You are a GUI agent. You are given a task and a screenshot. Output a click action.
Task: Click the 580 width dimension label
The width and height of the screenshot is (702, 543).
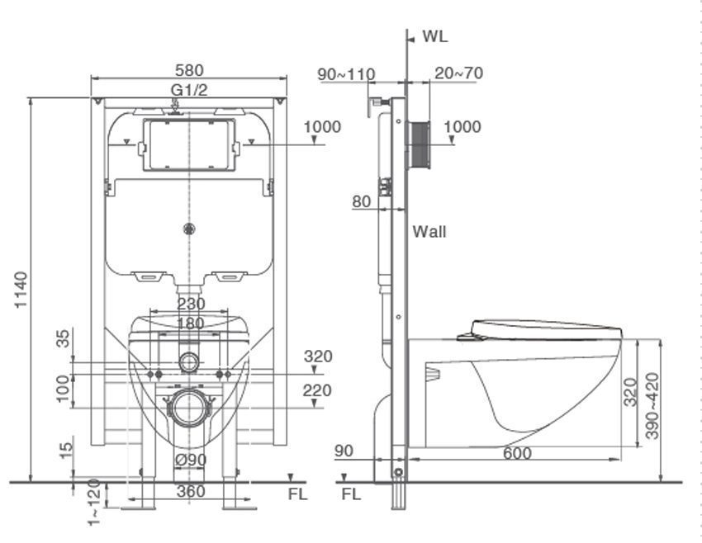point(189,70)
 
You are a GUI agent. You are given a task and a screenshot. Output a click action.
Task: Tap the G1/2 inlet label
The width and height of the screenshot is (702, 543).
point(189,90)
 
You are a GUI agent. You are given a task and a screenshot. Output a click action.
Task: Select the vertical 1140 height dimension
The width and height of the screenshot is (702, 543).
point(21,290)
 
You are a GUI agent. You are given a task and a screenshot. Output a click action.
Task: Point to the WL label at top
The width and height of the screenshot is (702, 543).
point(435,36)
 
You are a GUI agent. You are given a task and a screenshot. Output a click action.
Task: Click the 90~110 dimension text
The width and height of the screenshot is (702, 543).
point(346,74)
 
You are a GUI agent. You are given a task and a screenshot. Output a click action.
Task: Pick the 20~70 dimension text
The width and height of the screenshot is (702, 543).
point(458,73)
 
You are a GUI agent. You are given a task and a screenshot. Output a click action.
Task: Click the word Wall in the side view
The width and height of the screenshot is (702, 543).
point(429,232)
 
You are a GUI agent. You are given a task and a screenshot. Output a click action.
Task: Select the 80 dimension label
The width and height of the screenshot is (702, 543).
point(361,201)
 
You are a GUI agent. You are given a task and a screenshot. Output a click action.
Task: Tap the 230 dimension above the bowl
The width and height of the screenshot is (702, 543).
point(191,305)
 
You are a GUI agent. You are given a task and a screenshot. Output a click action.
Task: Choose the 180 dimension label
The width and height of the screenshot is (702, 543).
point(191,323)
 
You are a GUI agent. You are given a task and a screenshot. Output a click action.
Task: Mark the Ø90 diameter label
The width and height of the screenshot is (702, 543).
point(191,460)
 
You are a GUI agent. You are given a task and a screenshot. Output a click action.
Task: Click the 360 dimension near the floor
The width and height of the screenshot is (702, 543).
point(191,491)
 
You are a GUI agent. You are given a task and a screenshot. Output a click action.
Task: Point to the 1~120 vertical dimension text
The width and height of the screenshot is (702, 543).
point(94,503)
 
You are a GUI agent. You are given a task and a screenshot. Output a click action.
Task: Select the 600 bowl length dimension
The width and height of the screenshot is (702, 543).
point(517,453)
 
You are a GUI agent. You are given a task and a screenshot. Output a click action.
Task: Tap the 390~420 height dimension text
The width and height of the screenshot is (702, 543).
point(652,406)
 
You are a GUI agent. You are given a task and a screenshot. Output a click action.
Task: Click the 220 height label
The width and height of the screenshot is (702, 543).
point(317,390)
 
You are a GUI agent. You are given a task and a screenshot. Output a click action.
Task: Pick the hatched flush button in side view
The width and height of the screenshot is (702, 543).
point(419,145)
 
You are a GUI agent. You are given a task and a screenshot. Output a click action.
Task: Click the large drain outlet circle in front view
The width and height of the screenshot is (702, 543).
point(190,408)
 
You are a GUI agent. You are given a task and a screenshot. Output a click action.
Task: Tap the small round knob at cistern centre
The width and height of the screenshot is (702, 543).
point(189,229)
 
